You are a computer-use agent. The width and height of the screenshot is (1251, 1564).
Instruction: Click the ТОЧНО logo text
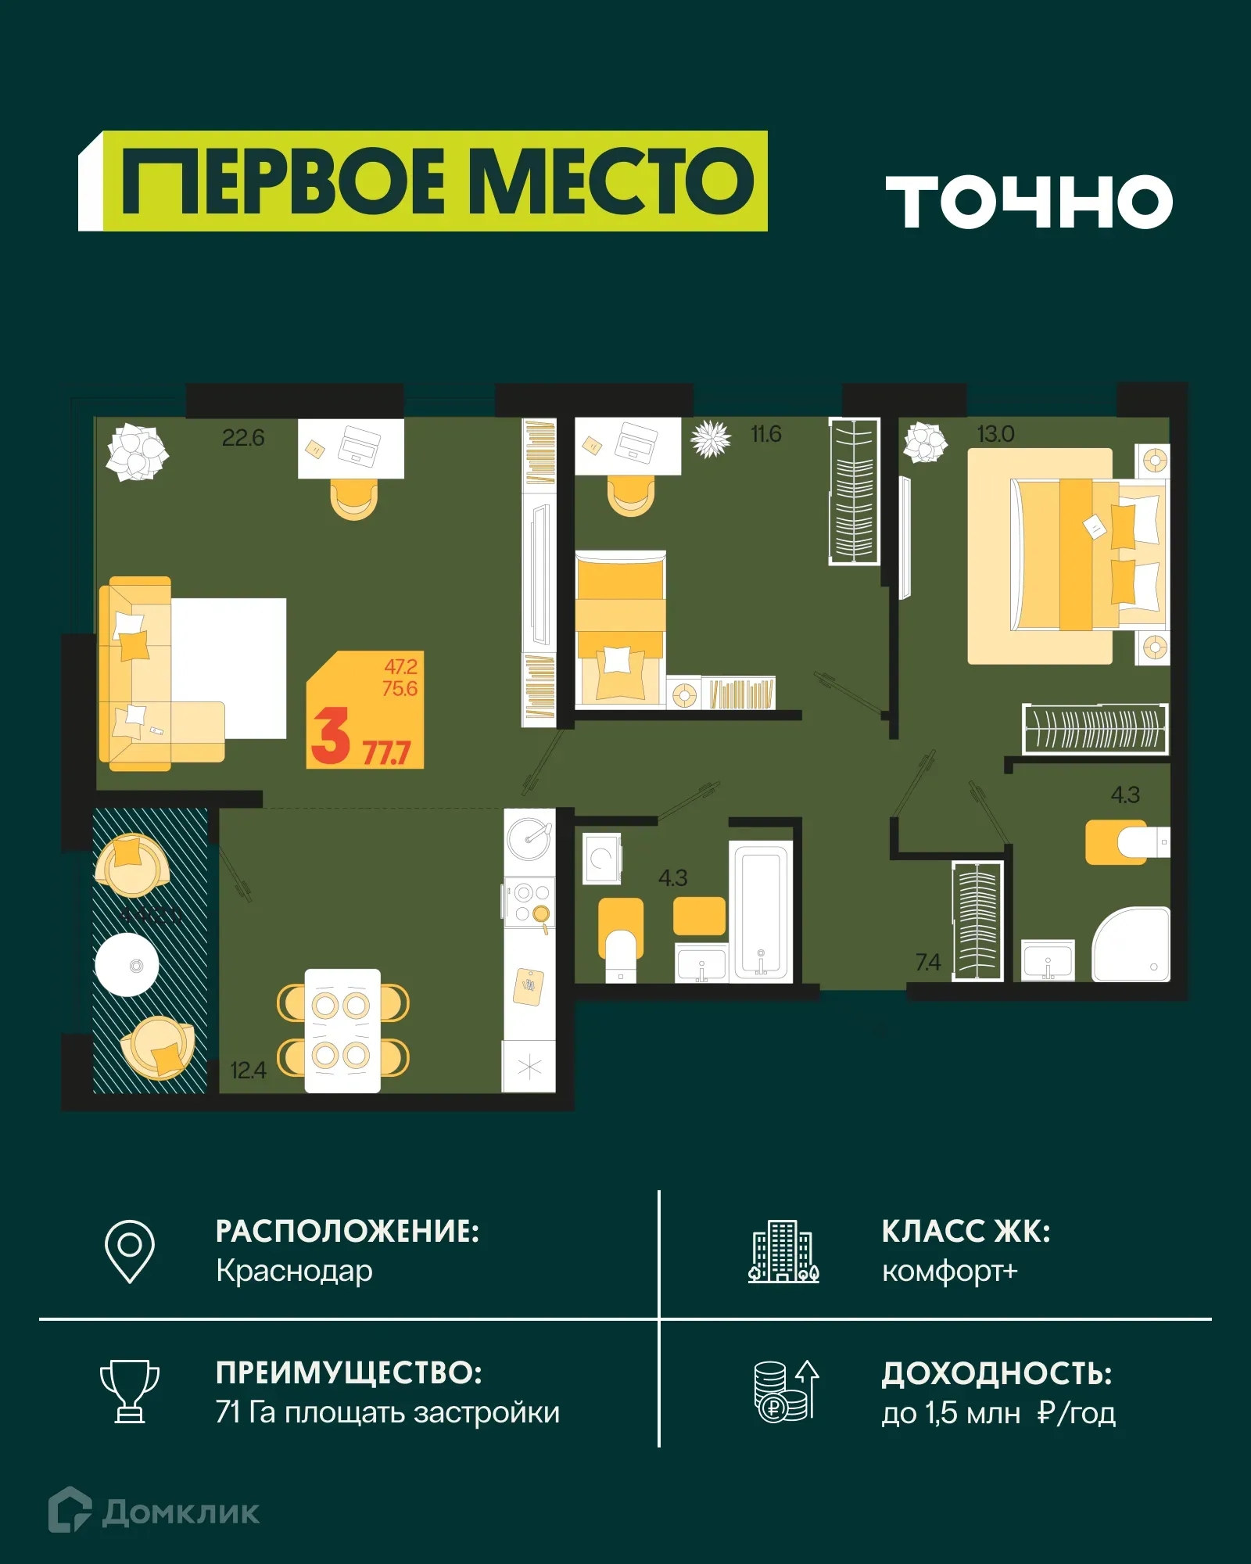click(x=1029, y=202)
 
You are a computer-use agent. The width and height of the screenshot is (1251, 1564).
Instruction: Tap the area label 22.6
click(x=243, y=438)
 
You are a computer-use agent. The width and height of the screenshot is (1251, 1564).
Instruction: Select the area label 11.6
click(x=765, y=434)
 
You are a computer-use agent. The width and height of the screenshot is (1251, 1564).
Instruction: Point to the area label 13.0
click(x=995, y=434)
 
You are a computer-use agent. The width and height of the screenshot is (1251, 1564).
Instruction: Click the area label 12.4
click(x=248, y=1070)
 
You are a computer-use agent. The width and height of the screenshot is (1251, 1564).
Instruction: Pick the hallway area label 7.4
click(x=928, y=962)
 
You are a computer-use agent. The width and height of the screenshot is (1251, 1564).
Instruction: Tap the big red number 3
click(x=329, y=736)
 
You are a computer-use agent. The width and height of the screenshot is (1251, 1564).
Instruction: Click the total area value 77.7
click(x=386, y=753)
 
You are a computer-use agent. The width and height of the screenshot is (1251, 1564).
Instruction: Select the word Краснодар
click(x=294, y=1272)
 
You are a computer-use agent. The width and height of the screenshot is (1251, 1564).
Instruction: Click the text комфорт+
click(x=949, y=1272)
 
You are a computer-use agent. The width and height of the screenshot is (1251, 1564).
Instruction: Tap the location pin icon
click(x=130, y=1250)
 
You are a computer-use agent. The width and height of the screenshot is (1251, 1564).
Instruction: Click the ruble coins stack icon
click(x=784, y=1391)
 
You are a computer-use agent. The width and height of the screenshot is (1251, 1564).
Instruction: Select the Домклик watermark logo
click(x=154, y=1512)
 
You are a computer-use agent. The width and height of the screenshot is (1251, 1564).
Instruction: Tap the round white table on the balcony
click(x=127, y=965)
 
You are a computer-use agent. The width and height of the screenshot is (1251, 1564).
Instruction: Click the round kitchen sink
click(x=529, y=838)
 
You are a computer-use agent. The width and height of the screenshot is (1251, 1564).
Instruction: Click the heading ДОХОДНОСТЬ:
click(x=996, y=1374)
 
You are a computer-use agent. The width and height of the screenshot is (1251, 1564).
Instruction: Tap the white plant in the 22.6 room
click(x=137, y=451)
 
